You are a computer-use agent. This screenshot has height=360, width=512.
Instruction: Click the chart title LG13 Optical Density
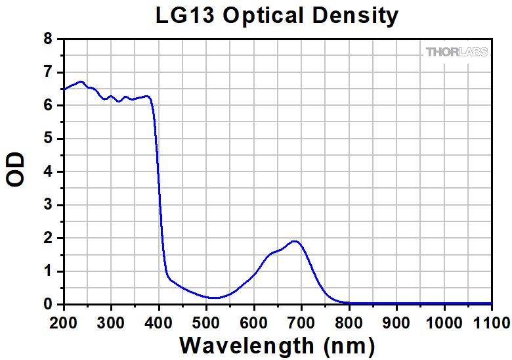point(277,16)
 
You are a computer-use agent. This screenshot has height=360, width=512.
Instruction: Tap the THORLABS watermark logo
point(457,52)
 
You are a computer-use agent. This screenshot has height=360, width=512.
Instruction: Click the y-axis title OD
point(16,169)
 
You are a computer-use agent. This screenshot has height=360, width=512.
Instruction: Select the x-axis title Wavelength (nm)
point(276,344)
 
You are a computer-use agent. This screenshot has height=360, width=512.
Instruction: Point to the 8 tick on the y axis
point(48,39)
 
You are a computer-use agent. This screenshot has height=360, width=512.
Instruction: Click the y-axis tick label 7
point(48,72)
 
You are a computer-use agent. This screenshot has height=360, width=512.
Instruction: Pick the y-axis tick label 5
point(48,139)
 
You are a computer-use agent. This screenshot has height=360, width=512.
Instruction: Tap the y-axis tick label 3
point(48,205)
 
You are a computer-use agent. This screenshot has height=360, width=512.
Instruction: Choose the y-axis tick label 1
point(48,271)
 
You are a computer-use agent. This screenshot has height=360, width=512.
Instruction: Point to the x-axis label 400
point(159,322)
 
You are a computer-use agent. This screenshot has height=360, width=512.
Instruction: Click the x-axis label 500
point(206,322)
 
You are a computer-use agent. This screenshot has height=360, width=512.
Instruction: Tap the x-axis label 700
point(301,322)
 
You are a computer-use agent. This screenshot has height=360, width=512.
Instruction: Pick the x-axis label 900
point(396,322)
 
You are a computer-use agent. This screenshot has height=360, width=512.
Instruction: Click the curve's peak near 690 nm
point(295,241)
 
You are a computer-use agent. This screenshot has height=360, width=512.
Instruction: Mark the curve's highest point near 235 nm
point(81,81)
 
